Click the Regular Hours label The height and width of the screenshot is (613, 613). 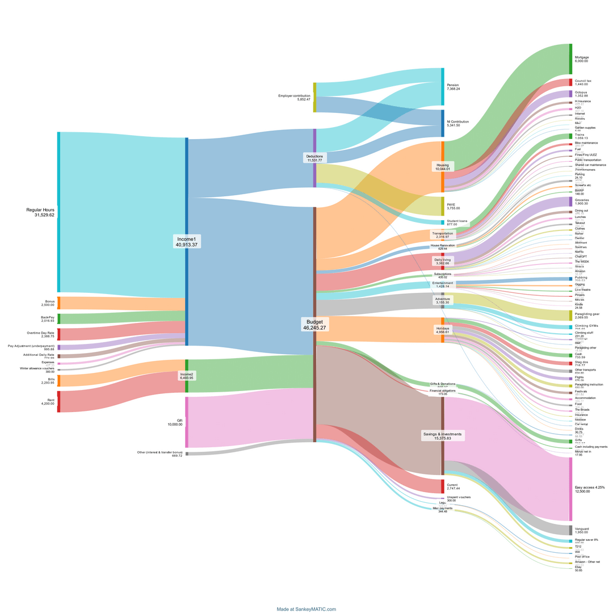[40, 212]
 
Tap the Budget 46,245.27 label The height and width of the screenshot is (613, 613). [315, 325]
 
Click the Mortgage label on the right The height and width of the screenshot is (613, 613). [582, 60]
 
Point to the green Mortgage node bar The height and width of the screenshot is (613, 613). [570, 58]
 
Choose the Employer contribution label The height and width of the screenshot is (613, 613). [294, 98]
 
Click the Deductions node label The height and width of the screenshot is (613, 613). [314, 158]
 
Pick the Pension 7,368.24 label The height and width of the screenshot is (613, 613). [453, 87]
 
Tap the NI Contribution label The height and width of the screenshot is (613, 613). [457, 124]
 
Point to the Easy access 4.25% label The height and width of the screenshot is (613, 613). [589, 489]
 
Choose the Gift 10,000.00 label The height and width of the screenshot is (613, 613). [175, 422]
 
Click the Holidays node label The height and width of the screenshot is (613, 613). [443, 330]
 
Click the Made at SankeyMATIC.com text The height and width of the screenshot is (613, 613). [306, 609]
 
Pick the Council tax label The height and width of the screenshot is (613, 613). [583, 83]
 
